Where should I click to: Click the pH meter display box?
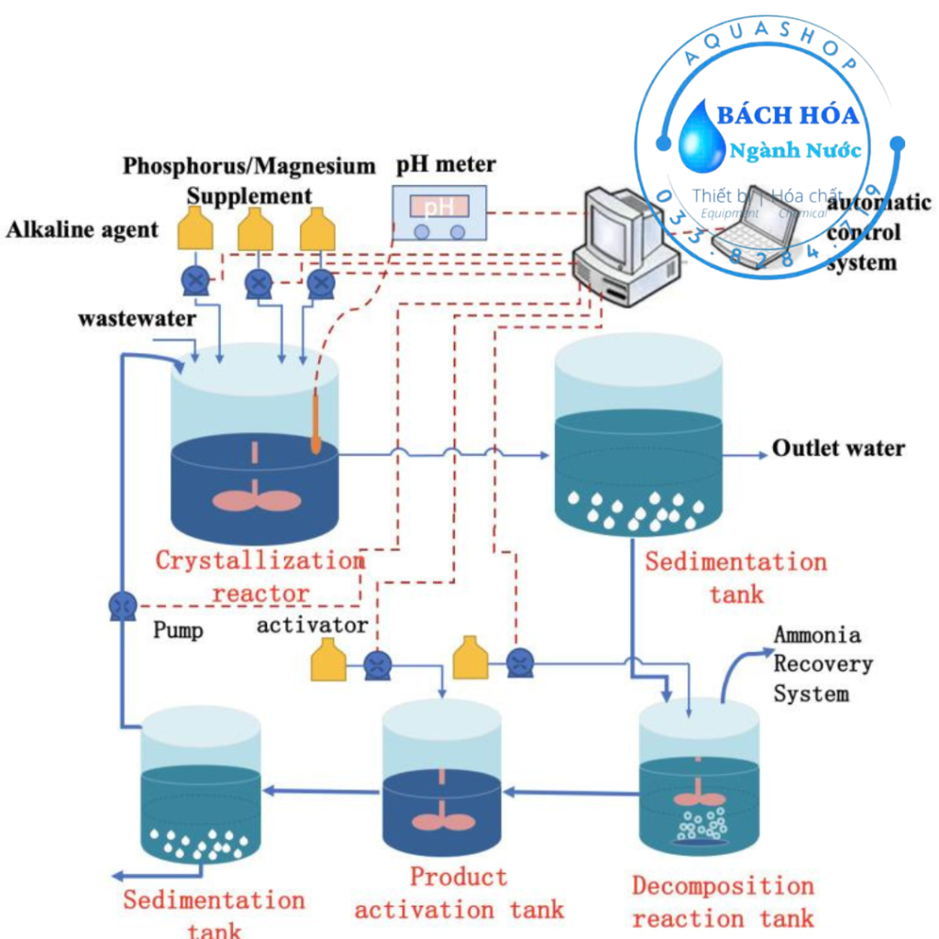click(x=438, y=211)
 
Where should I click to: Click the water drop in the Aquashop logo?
click(x=701, y=136)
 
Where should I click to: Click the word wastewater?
click(x=137, y=319)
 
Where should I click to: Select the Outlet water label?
click(x=838, y=448)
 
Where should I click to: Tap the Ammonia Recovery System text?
click(x=823, y=664)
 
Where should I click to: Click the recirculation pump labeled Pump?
click(x=122, y=606)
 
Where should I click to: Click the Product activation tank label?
click(x=458, y=893)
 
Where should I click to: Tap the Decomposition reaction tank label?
click(x=723, y=901)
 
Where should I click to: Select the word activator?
click(x=312, y=626)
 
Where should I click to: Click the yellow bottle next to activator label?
click(x=328, y=661)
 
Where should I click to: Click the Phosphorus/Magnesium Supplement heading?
click(x=249, y=180)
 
